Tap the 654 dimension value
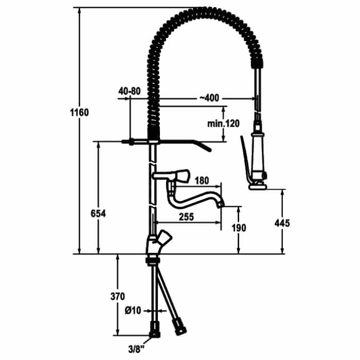tap(98, 214)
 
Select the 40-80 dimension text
tap(129, 91)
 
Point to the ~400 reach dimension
tap(209, 98)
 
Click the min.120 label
tap(223, 123)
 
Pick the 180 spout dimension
tap(202, 181)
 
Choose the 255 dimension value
tap(186, 217)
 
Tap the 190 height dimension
tap(239, 228)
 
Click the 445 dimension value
tap(282, 223)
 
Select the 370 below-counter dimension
tap(118, 296)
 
